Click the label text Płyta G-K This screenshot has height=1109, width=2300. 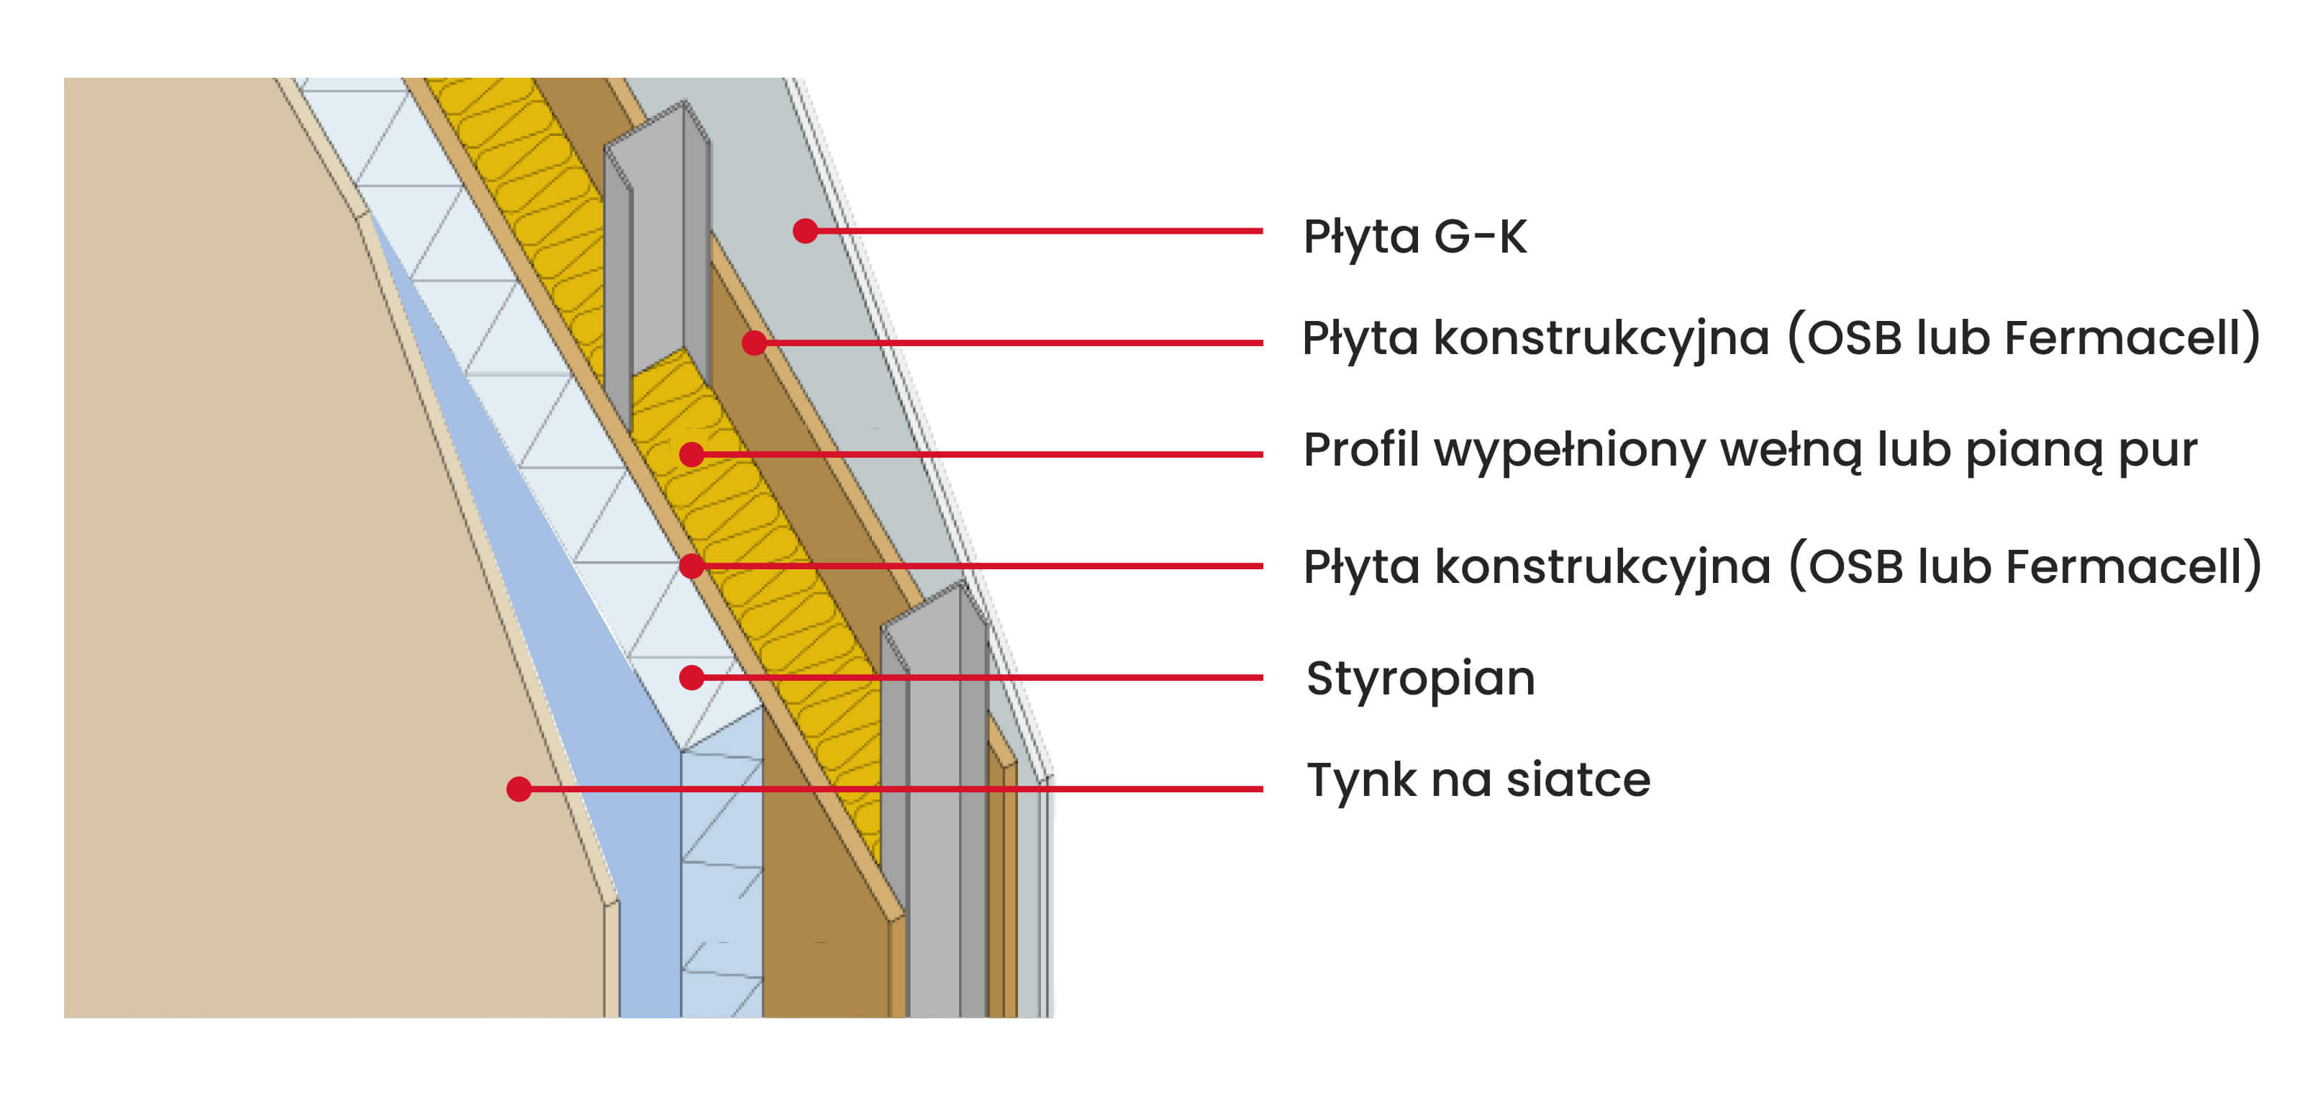pyautogui.click(x=1414, y=237)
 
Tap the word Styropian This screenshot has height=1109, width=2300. pyautogui.click(x=1419, y=679)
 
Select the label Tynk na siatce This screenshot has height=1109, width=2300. pyautogui.click(x=1478, y=779)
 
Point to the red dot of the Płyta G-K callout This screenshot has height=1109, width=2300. pyautogui.click(x=805, y=231)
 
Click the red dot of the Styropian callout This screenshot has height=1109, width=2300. pyautogui.click(x=691, y=678)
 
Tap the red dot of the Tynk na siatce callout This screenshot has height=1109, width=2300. pyautogui.click(x=519, y=789)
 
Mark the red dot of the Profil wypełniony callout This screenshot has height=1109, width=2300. pyautogui.click(x=691, y=455)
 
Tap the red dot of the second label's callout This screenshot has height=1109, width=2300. pyautogui.click(x=755, y=343)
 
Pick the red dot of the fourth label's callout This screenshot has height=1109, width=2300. pyautogui.click(x=691, y=566)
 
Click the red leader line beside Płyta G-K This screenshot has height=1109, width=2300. pyautogui.click(x=1036, y=231)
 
